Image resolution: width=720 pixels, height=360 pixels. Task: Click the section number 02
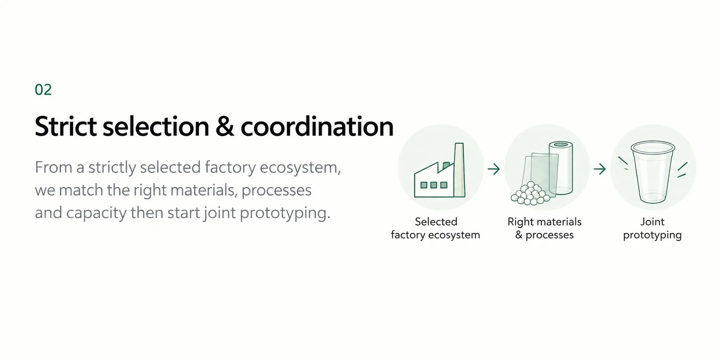tap(43, 90)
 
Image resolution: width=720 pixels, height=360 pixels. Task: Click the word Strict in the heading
tap(66, 126)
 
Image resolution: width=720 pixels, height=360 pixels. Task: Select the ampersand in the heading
tap(225, 126)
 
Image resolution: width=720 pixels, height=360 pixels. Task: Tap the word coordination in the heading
tap(317, 126)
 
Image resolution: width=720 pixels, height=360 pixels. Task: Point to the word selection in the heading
tap(156, 126)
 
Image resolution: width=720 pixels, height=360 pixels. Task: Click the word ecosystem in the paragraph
tap(300, 167)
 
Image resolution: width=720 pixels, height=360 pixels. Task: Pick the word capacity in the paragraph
tap(96, 213)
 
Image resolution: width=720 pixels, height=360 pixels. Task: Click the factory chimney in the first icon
tap(459, 170)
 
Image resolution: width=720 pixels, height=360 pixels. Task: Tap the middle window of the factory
tap(434, 185)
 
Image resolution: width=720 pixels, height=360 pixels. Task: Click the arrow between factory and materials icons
tap(494, 169)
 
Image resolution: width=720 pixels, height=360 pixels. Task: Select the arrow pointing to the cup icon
tap(599, 169)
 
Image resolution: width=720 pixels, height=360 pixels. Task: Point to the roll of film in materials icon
tap(561, 168)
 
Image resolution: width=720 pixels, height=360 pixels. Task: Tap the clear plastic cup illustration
tap(652, 172)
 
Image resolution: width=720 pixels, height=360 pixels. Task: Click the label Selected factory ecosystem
tap(436, 228)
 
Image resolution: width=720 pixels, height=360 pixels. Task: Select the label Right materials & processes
tap(544, 228)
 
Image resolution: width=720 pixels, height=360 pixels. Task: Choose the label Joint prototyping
tap(652, 228)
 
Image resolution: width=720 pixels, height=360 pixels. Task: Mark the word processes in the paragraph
tap(276, 190)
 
